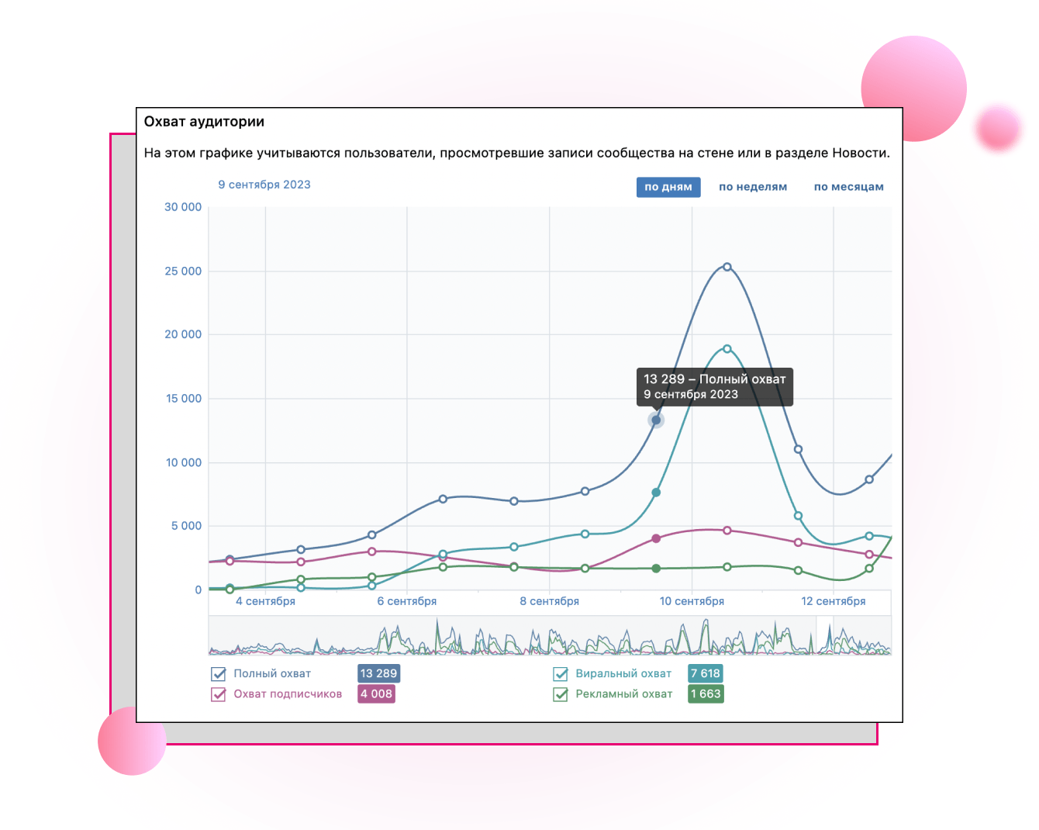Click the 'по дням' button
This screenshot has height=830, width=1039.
click(668, 187)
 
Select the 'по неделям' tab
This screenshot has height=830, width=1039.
click(752, 187)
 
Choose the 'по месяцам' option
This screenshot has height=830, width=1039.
click(848, 187)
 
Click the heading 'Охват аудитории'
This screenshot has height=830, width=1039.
click(204, 122)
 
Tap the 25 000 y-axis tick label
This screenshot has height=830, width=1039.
click(183, 271)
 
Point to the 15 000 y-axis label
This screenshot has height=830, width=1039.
click(183, 399)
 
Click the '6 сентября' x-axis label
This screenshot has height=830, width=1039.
click(407, 601)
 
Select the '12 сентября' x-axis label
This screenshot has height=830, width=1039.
click(834, 601)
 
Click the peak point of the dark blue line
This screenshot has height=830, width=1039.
click(727, 267)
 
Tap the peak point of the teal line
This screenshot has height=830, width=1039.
click(727, 349)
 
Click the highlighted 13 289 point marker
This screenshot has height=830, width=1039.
click(656, 420)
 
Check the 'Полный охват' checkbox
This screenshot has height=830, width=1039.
click(219, 674)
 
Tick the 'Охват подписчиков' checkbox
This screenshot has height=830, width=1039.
click(219, 694)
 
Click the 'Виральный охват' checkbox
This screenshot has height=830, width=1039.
click(561, 674)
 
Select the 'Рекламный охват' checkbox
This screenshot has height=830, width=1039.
click(561, 694)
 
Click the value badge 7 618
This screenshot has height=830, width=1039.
click(706, 673)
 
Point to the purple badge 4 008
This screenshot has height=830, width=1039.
click(376, 693)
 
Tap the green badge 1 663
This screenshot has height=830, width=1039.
click(706, 693)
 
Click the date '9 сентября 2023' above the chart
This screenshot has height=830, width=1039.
click(264, 185)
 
